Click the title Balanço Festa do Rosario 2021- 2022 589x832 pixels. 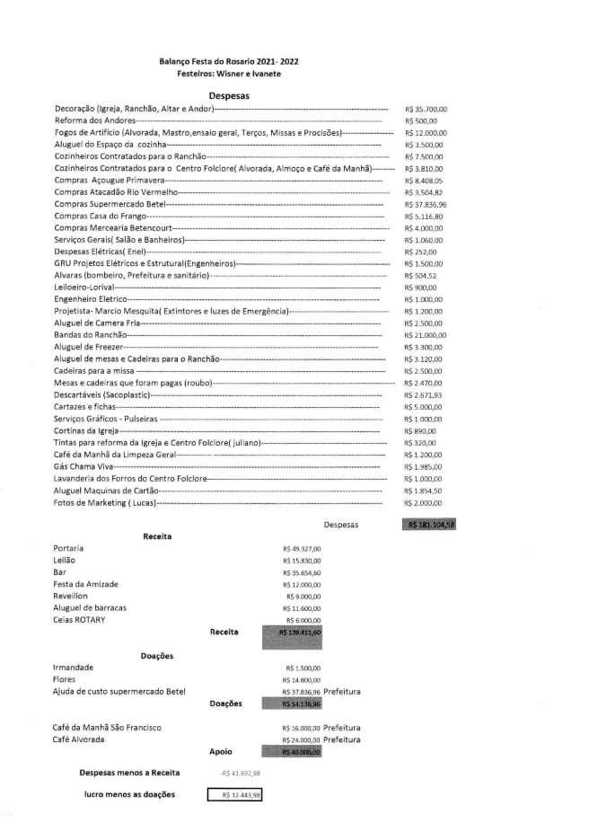228,60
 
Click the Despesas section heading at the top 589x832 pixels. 228,94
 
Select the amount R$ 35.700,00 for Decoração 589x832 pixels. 426,108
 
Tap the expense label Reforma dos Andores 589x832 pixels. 94,119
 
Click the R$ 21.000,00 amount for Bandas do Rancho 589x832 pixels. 426,335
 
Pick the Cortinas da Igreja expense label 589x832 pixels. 87,431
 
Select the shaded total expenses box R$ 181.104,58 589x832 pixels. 430,525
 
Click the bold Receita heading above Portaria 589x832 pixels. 157,536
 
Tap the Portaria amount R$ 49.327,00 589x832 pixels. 302,548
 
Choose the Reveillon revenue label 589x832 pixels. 71,596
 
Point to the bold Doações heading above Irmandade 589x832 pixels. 157,656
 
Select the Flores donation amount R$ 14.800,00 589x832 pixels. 302,680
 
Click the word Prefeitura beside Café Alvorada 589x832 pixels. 342,739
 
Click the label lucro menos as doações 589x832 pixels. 129,794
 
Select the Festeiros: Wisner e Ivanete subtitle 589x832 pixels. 229,73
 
